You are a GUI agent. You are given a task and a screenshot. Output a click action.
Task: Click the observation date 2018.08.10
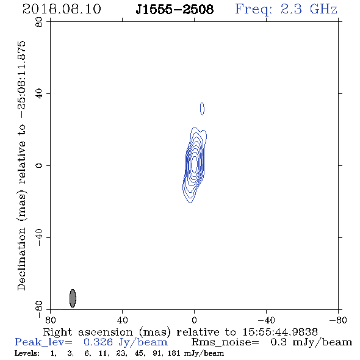tap(62, 9)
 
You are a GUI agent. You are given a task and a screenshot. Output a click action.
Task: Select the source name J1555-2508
tap(175, 9)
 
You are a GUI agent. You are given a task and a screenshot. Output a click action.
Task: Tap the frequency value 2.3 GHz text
tap(309, 9)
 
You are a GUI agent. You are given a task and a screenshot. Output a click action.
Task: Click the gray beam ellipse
tap(73, 298)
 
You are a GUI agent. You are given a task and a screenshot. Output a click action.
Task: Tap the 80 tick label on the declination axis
tap(39, 22)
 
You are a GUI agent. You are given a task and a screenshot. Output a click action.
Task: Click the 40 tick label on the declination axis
tap(39, 94)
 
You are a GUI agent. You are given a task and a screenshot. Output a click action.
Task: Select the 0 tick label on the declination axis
tap(39, 165)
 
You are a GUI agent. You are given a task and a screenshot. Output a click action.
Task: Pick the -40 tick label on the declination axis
tap(39, 237)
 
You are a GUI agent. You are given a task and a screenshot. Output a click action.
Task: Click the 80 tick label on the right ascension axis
tap(50, 320)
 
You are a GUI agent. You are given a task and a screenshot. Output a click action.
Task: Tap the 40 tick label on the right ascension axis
tap(122, 320)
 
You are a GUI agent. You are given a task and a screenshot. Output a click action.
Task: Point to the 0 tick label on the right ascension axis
tap(194, 320)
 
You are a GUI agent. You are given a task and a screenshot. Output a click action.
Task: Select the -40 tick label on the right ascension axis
tap(266, 320)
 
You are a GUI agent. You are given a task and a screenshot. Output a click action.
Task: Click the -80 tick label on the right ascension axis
tap(338, 320)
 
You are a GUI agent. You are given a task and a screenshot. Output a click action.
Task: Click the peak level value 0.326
tap(98, 342)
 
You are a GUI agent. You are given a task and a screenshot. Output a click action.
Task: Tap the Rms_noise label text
tap(225, 342)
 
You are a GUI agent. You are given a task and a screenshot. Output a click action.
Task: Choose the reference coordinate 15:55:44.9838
tap(280, 332)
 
